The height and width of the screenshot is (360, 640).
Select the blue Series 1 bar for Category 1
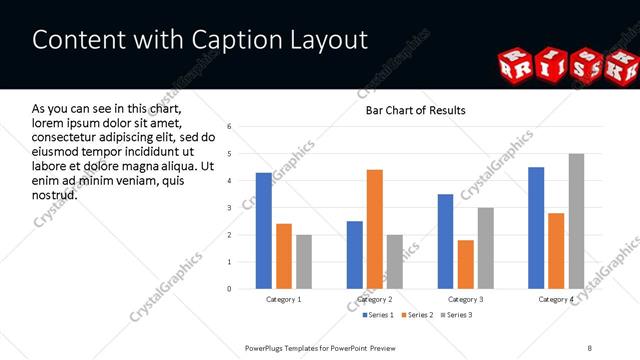click(263, 231)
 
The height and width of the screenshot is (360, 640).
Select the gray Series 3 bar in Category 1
click(303, 262)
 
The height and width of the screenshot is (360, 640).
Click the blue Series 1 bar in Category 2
click(355, 255)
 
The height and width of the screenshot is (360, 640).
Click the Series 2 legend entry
click(416, 316)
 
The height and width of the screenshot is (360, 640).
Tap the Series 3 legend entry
click(457, 316)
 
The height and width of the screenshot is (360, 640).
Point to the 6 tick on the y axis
click(229, 127)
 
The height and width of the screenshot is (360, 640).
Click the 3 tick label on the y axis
click(229, 208)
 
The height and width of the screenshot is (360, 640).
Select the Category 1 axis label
click(283, 299)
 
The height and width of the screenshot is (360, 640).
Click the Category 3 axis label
click(466, 299)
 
